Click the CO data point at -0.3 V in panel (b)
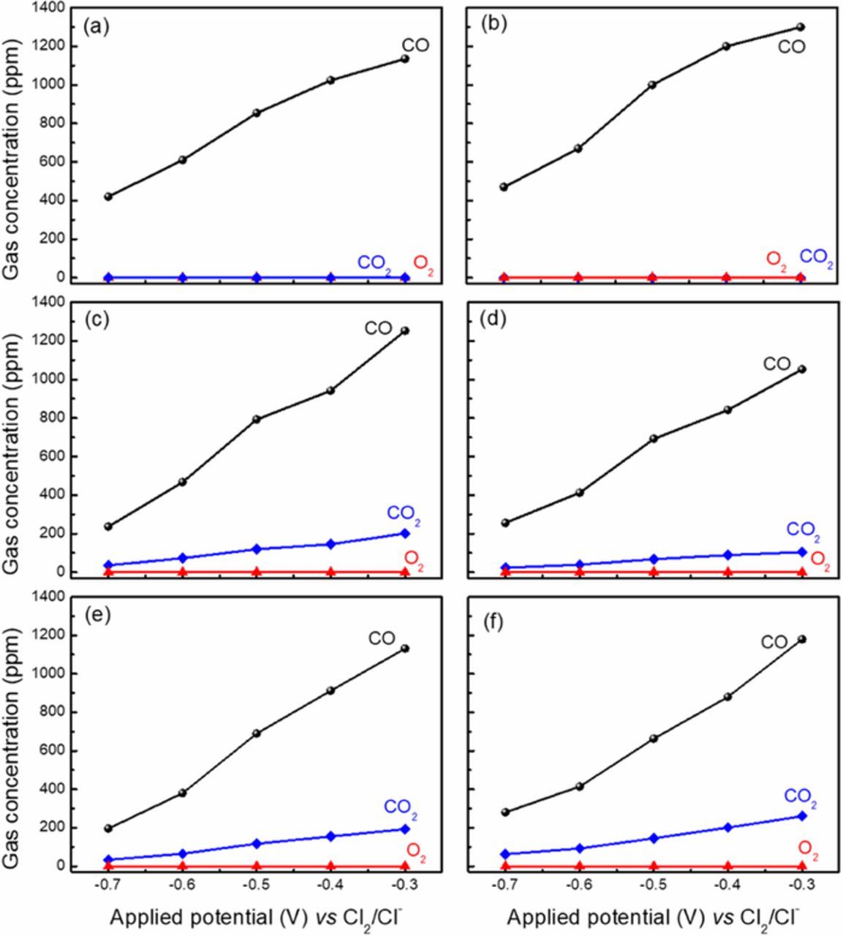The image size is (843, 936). (x=801, y=27)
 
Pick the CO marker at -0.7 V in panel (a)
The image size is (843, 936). (x=108, y=197)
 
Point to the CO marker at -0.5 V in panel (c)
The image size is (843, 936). (x=257, y=419)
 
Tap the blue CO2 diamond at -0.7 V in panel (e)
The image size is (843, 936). (x=108, y=860)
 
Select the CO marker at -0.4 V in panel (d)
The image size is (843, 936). (x=727, y=409)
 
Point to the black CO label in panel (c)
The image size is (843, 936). (x=378, y=328)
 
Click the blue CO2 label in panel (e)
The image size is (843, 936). (x=401, y=808)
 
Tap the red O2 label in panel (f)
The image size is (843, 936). (x=808, y=848)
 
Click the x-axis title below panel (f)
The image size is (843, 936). (x=653, y=917)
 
